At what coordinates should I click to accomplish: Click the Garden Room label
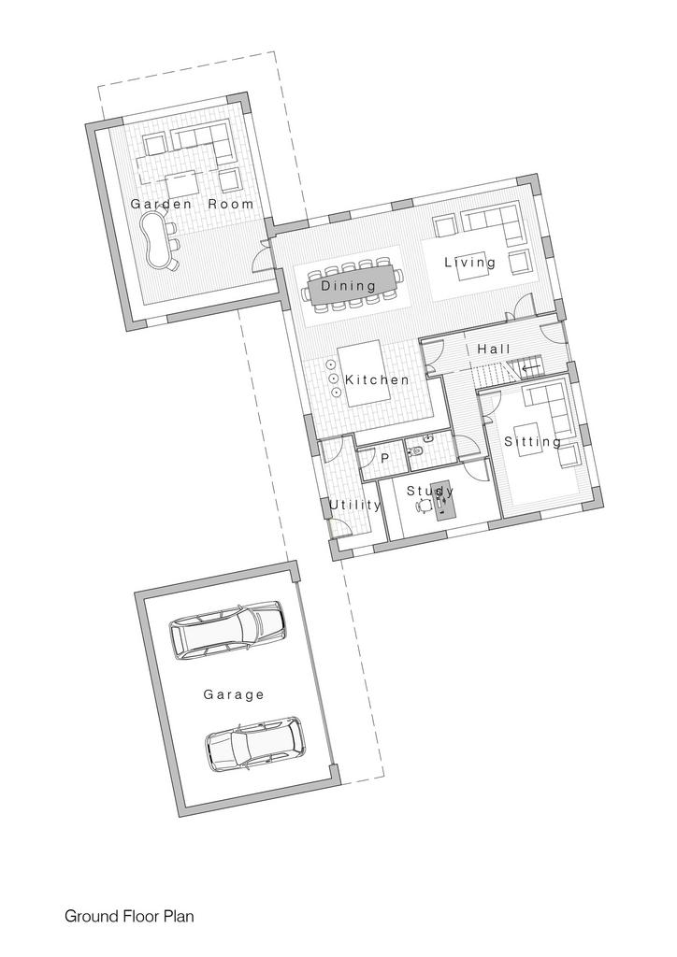192,204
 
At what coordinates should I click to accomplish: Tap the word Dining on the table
349,286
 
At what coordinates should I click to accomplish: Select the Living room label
469,263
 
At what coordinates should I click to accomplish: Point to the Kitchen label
377,379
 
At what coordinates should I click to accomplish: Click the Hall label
494,350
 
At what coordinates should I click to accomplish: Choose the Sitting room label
532,441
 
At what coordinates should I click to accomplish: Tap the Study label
430,491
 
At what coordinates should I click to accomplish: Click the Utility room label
355,505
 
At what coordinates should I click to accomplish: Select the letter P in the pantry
384,458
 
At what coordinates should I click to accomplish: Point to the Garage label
234,694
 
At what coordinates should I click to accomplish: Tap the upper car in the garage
227,631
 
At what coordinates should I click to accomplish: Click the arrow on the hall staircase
530,368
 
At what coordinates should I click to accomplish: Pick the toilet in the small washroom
417,452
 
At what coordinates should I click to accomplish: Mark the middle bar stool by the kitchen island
333,378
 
